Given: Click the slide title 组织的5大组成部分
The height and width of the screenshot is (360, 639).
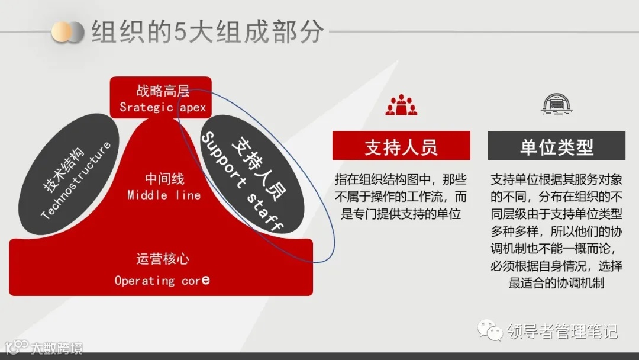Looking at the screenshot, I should point(208,33).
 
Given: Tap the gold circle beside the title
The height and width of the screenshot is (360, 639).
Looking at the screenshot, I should point(61,32).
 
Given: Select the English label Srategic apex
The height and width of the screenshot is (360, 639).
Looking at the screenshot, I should point(162,107).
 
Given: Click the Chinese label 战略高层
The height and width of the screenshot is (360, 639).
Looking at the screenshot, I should point(163,91).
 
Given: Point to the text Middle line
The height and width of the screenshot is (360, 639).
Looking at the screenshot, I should point(164,195).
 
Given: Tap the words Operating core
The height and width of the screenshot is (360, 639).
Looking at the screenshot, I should point(162,279).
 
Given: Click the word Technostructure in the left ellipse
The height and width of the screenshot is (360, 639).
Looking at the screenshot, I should point(77,181).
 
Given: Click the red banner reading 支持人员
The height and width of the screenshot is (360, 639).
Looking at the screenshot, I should point(401,146).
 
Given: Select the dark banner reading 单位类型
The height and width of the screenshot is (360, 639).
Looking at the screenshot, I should point(556,146).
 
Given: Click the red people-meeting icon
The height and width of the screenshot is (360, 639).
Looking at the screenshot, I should point(401,105).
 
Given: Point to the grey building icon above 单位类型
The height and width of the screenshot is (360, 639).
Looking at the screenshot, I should point(556,104).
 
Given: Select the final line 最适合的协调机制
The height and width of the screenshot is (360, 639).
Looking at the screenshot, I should point(556,282).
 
